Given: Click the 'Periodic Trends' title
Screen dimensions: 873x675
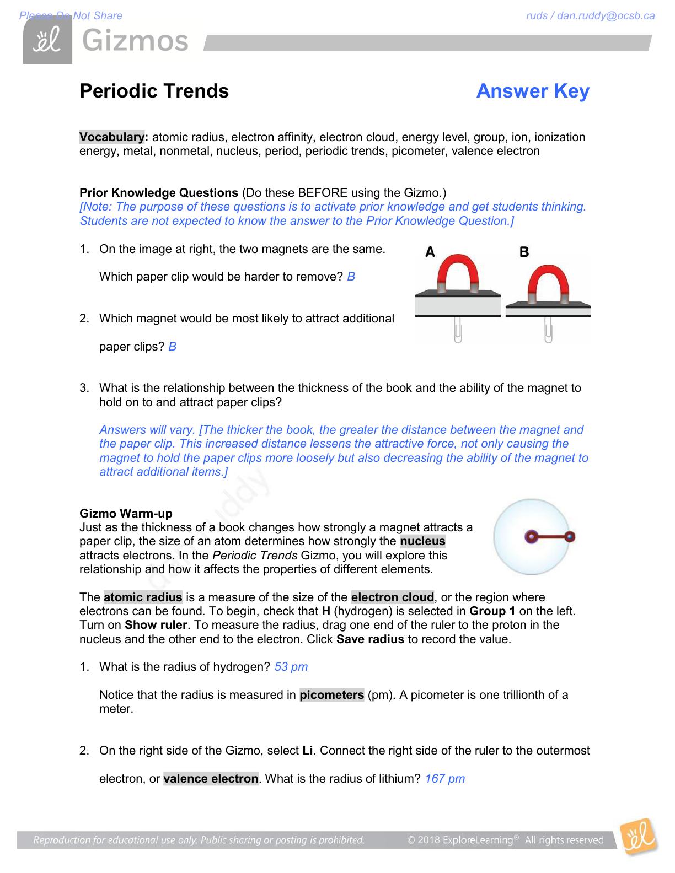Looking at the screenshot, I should coord(154,91).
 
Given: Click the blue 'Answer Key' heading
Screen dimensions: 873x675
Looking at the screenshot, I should coord(533,91).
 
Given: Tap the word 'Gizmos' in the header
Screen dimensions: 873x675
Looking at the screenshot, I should coord(136,41).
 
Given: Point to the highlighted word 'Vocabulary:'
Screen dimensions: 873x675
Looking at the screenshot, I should coord(114,137).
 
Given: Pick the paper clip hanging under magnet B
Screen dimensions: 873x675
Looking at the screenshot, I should coord(548,330).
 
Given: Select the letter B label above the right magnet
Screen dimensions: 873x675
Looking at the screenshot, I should coord(524,252).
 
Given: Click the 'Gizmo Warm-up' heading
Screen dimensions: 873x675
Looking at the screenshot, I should coord(126,513).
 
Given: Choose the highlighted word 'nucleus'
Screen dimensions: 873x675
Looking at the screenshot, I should coord(422,541).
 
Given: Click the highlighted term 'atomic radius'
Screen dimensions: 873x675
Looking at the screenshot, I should coord(143,597).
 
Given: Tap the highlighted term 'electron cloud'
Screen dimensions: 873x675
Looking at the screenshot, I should coord(392,597).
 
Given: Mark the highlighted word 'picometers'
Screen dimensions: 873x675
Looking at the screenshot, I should coord(331,695).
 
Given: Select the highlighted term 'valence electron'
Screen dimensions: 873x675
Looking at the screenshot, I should coord(211,779).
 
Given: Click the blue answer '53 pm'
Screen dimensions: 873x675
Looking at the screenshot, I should coord(291,667).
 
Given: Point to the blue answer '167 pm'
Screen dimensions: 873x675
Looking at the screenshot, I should coord(445,779).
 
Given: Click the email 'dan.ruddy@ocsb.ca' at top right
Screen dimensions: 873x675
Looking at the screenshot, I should coord(606,15).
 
